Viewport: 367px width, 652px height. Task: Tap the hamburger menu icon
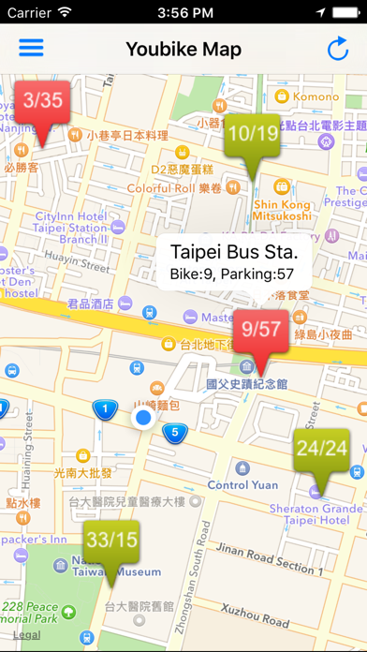[31, 48]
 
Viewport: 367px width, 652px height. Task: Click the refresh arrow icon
[337, 49]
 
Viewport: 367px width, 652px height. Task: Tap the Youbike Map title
[183, 49]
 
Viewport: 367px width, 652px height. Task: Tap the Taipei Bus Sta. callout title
[234, 252]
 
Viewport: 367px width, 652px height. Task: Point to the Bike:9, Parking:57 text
[232, 274]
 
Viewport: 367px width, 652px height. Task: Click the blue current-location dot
[142, 418]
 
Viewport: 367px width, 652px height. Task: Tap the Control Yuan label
[242, 485]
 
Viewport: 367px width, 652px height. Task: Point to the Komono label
[316, 96]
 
